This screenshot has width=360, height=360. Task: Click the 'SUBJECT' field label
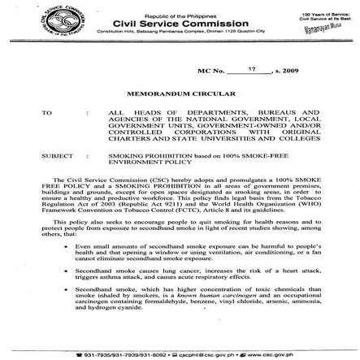[55, 152]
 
